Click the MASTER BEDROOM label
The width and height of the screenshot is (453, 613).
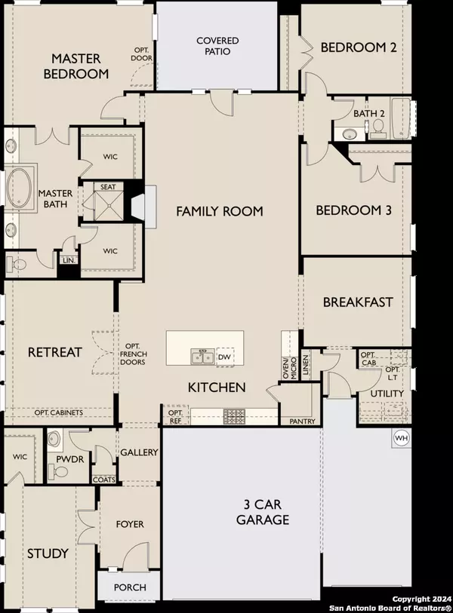[x=81, y=66]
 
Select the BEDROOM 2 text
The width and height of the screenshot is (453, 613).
[x=359, y=48]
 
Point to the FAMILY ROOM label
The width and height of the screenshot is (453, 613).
[x=220, y=211]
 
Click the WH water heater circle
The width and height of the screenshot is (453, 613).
[x=400, y=437]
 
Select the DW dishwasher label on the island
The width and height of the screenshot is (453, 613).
[x=224, y=357]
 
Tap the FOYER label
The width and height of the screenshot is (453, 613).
[x=129, y=524]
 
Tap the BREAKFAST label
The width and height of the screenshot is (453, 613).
[x=358, y=302]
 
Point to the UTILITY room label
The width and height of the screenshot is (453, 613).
[x=387, y=394]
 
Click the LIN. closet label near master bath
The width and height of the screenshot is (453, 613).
[x=68, y=260]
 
